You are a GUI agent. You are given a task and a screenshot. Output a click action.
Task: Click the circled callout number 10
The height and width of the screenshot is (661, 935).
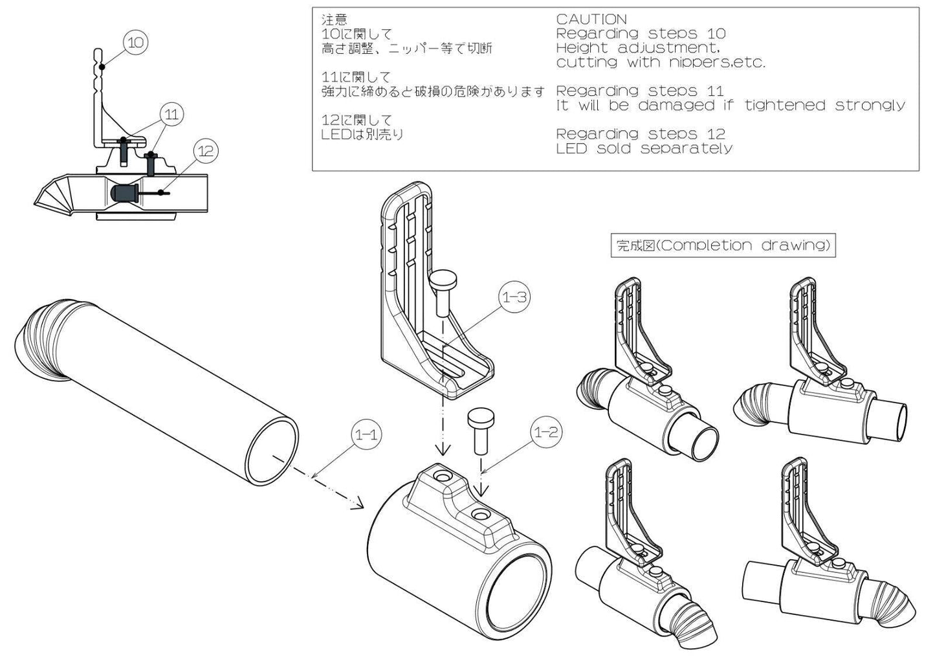tap(136, 43)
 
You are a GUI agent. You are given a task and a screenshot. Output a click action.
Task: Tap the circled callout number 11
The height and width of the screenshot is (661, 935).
tap(171, 115)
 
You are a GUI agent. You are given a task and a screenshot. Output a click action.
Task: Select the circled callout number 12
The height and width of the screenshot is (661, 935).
tap(205, 151)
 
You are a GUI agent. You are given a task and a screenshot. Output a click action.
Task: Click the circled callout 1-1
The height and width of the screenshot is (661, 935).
tap(366, 434)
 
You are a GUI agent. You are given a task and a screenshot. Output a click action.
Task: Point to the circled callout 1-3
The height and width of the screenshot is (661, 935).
tap(514, 297)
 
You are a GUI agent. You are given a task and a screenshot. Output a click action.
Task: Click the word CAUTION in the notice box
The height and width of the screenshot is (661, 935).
tap(591, 19)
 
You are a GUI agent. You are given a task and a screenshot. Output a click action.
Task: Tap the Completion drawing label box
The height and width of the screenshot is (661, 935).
tap(723, 245)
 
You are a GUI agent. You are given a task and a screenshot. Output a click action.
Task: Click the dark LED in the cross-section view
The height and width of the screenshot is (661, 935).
tap(122, 194)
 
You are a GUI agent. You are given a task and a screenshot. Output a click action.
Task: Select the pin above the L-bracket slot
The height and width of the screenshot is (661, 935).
tap(443, 291)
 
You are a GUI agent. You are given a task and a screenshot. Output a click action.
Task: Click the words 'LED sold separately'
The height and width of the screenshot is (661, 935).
tap(644, 148)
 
